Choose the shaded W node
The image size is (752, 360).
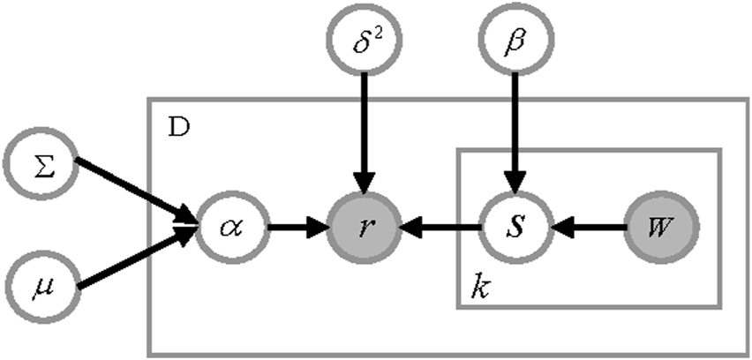(x=663, y=227)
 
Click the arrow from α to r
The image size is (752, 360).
(x=297, y=228)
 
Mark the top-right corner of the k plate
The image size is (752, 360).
(x=719, y=151)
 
